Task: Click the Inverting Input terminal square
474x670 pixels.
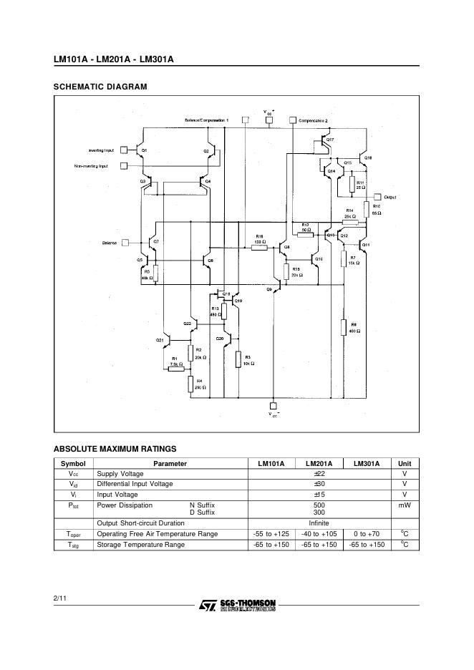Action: click(x=123, y=150)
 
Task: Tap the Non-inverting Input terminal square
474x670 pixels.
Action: click(x=123, y=166)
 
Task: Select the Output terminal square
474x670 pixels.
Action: click(x=379, y=195)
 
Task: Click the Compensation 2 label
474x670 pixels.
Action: click(x=313, y=121)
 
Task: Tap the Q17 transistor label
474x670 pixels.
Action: click(x=330, y=139)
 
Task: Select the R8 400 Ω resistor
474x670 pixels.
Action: click(x=344, y=327)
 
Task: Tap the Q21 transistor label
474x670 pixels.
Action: click(x=160, y=339)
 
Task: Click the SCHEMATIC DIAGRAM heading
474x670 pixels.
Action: click(x=100, y=87)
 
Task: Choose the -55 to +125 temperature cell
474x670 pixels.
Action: click(x=271, y=534)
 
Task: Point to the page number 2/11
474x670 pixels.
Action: click(x=59, y=596)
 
